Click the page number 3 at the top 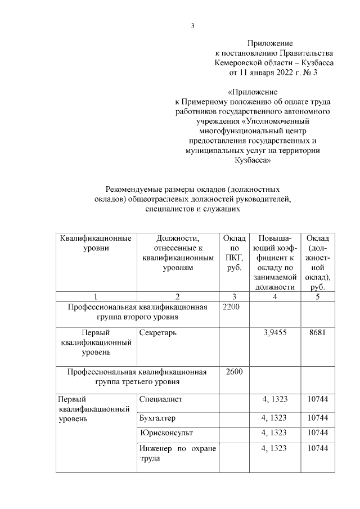click(x=192, y=25)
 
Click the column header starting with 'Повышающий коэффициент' click(x=274, y=262)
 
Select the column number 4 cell click(x=274, y=296)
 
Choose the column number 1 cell click(x=96, y=296)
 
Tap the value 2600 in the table click(x=233, y=372)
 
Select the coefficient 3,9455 click(x=274, y=332)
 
